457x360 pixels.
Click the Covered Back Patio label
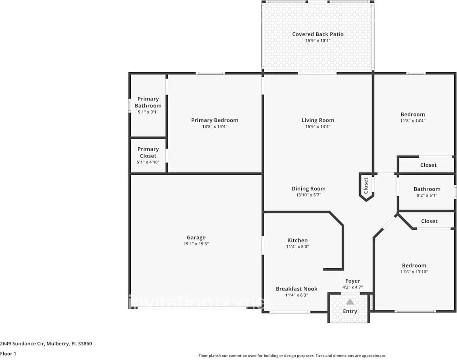point(318,34)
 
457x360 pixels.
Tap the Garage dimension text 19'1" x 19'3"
point(196,244)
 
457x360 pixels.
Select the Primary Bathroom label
point(148,102)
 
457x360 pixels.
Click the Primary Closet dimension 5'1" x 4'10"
point(148,162)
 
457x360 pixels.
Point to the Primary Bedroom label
point(215,120)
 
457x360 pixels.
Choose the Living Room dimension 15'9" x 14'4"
point(318,126)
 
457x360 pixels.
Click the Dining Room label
point(309,188)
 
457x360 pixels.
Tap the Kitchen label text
point(298,240)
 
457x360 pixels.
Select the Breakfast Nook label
point(296,289)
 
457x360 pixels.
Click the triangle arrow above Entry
point(350,301)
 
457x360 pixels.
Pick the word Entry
point(350,311)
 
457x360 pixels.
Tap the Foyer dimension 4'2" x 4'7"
point(353,287)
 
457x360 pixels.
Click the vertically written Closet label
point(366,186)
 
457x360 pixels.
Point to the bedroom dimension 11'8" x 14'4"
point(413,120)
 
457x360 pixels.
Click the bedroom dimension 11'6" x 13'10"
point(414,272)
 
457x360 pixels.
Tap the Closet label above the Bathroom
point(428,165)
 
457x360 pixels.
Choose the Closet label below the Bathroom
point(429,221)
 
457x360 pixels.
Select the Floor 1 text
point(8,354)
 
